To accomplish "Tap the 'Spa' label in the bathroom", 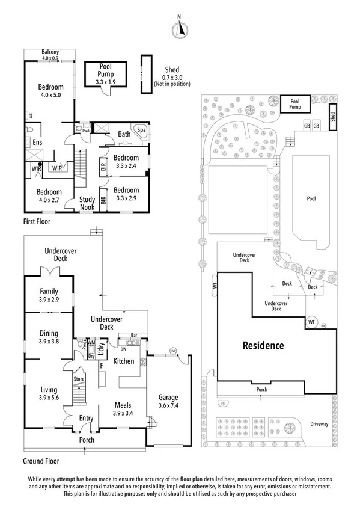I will pos(142,129).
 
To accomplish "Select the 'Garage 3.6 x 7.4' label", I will pos(168,401).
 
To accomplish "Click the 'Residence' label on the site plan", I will pos(263,346).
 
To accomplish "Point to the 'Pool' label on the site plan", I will pos(311,198).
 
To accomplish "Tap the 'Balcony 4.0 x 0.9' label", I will pos(50,55).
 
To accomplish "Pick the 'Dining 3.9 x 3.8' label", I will pos(49,337).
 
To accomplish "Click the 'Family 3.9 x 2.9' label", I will pos(49,295).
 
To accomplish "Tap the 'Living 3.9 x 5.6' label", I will pos(49,393).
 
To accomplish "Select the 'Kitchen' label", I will pos(123,361).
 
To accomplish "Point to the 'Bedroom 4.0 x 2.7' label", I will pos(49,196).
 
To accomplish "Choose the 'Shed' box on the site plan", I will pos(332,116).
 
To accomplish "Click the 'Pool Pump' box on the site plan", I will pos(295,105).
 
